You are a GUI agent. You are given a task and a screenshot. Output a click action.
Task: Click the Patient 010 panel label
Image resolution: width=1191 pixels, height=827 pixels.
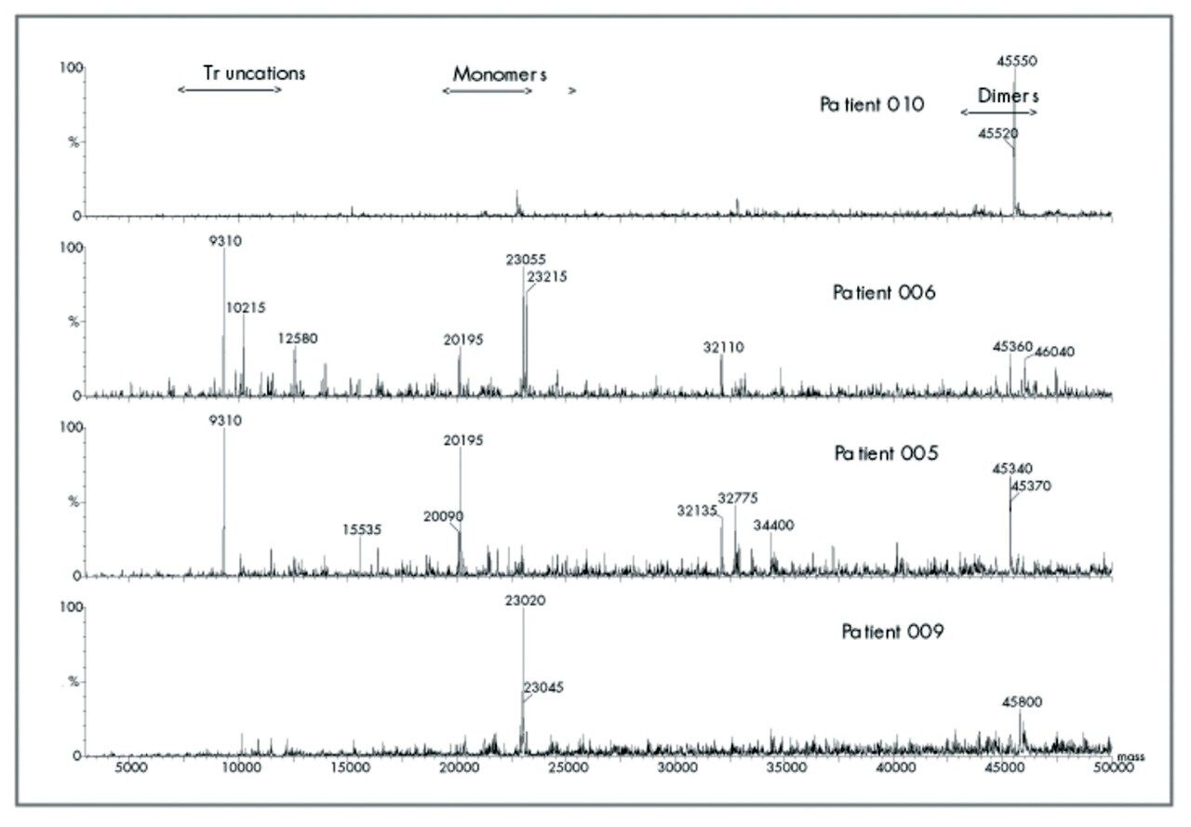click(x=872, y=104)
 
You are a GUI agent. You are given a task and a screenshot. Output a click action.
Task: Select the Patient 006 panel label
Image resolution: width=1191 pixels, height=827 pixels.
click(x=884, y=292)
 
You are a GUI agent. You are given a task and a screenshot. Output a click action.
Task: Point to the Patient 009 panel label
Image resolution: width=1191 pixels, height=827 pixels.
click(x=893, y=633)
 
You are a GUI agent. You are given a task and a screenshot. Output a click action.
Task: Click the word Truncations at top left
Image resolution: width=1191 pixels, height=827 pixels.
click(x=254, y=73)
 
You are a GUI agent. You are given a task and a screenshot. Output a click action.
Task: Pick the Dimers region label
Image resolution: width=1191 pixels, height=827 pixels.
click(x=1008, y=96)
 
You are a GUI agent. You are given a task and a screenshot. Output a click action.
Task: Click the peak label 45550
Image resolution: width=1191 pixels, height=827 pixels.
click(x=1017, y=61)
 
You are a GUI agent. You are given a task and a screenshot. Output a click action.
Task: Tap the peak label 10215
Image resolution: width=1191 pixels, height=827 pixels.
click(x=247, y=307)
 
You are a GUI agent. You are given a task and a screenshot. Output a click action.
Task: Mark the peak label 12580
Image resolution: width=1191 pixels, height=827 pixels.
click(x=298, y=339)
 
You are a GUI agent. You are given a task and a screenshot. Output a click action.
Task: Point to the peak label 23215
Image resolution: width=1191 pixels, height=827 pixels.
click(x=547, y=276)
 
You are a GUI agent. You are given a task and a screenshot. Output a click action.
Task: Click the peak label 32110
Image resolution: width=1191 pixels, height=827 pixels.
click(x=723, y=347)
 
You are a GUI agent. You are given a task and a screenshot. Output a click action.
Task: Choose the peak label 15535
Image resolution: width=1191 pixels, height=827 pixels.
click(x=362, y=529)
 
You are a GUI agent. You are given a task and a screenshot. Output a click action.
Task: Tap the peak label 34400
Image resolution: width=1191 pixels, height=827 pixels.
click(x=773, y=526)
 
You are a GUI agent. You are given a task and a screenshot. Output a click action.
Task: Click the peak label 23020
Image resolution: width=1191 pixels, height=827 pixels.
click(x=525, y=601)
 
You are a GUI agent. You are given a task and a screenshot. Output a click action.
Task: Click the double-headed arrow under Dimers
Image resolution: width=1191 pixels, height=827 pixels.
click(x=998, y=112)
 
